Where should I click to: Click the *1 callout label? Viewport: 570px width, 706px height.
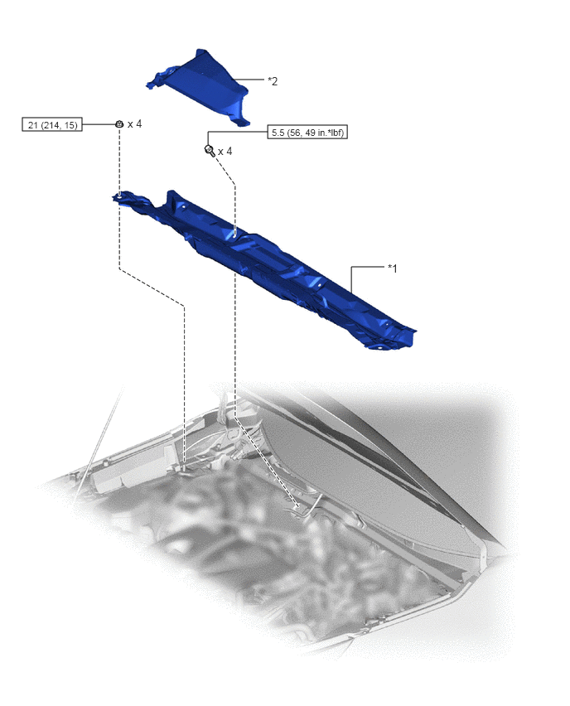pyautogui.click(x=392, y=268)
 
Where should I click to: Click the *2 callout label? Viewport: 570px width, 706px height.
pyautogui.click(x=273, y=81)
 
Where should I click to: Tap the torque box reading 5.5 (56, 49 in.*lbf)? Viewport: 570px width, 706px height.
pyautogui.click(x=307, y=133)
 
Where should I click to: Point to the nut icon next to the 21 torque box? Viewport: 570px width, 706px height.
pyautogui.click(x=119, y=123)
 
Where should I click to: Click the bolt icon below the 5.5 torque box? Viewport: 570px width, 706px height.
pyautogui.click(x=210, y=150)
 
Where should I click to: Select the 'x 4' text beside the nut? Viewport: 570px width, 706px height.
pyautogui.click(x=134, y=123)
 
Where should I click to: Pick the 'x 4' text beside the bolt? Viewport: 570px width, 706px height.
pyautogui.click(x=225, y=152)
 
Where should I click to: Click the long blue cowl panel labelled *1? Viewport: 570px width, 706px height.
pyautogui.click(x=266, y=266)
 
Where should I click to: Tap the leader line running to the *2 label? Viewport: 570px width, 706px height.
pyautogui.click(x=249, y=80)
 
